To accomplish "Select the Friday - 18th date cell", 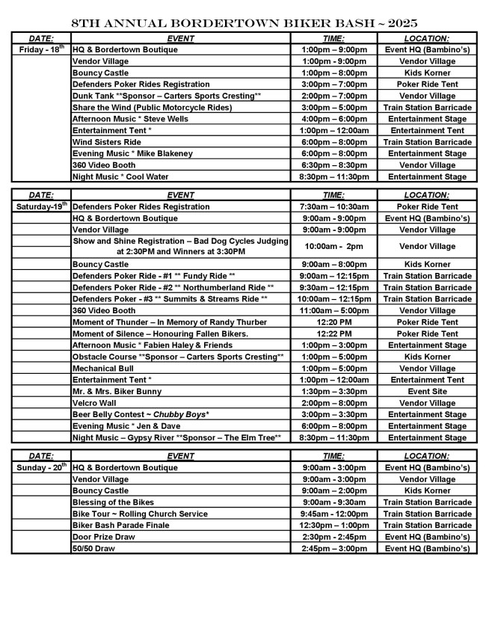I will (x=41, y=49).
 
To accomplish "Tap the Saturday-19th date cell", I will (x=41, y=206).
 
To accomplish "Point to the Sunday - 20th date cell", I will (x=41, y=467).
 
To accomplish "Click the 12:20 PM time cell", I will (x=333, y=322).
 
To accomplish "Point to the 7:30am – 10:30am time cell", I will (x=333, y=206).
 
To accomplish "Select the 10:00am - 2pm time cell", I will (x=333, y=246).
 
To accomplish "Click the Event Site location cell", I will (x=427, y=392).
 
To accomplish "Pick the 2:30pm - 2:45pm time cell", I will (x=333, y=537).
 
